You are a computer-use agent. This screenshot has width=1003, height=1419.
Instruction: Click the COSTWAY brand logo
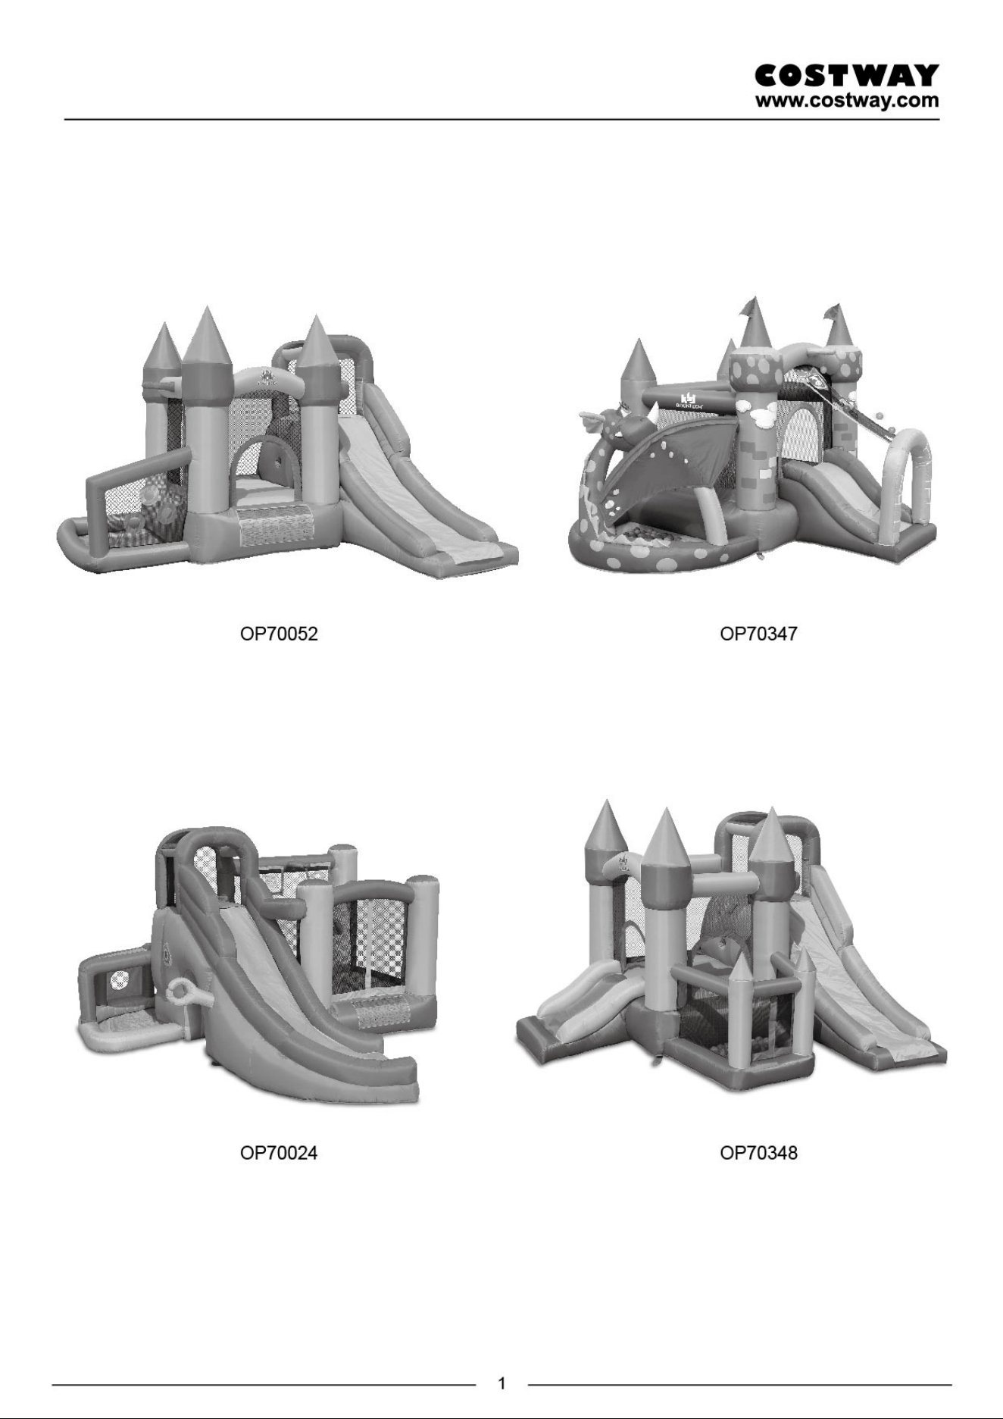(x=847, y=76)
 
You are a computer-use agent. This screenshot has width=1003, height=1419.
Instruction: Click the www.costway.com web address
(x=847, y=100)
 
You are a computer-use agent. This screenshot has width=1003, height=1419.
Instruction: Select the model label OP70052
(x=279, y=634)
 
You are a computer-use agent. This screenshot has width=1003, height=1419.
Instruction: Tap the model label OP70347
(x=758, y=634)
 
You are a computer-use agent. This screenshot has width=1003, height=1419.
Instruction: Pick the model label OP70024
(x=279, y=1153)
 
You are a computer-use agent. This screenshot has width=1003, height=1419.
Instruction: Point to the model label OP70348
(x=758, y=1153)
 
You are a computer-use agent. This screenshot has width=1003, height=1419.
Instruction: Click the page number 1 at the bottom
(x=501, y=1384)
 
